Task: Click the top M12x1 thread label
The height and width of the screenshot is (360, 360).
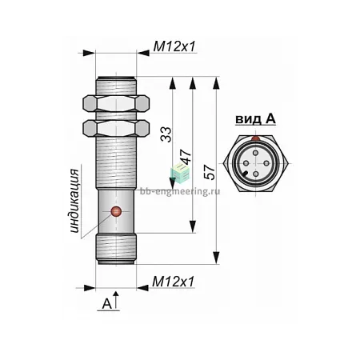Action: tap(174, 47)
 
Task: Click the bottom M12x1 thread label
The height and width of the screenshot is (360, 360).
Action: tap(174, 282)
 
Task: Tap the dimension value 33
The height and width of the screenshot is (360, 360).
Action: tap(166, 134)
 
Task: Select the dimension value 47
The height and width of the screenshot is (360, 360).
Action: tap(186, 156)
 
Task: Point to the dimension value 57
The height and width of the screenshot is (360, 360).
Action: tap(210, 172)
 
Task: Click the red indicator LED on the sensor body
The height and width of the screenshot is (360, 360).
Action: tap(116, 211)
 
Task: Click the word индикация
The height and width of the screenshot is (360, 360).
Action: tap(74, 201)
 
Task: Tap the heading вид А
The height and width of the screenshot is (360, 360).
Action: tap(255, 119)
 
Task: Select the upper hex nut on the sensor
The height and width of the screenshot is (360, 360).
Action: tap(116, 103)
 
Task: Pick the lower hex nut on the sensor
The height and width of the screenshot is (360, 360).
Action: tap(116, 128)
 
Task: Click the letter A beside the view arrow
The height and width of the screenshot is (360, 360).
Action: tap(107, 304)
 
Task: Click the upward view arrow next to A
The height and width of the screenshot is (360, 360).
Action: tap(116, 301)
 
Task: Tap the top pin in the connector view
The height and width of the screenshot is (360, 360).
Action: tap(256, 153)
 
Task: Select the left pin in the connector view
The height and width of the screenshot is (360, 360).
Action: tap(246, 163)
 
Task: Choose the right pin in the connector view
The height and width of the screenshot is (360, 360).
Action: tap(266, 163)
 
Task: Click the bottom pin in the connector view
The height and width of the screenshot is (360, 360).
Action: tap(256, 174)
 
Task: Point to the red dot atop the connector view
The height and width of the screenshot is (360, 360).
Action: tap(256, 138)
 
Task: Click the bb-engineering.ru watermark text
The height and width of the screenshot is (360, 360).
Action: tap(180, 191)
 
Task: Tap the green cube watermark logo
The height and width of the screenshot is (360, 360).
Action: tap(180, 173)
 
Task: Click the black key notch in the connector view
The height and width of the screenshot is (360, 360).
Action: tap(244, 174)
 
